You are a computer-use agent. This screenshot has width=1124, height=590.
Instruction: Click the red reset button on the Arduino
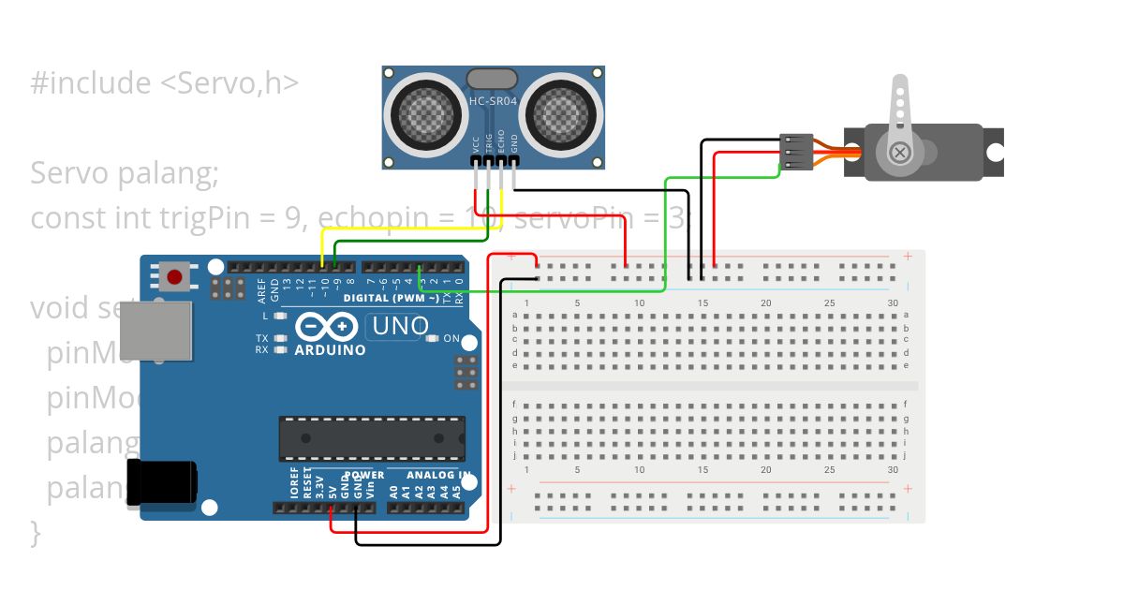tap(174, 277)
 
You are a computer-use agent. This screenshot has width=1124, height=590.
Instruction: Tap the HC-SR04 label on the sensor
tap(493, 101)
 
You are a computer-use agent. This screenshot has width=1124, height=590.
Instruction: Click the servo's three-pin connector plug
tap(794, 153)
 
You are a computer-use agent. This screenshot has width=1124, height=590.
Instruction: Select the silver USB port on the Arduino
tap(155, 331)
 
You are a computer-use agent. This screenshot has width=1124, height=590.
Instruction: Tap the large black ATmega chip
tap(371, 438)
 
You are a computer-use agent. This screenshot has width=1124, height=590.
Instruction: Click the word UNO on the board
tap(400, 327)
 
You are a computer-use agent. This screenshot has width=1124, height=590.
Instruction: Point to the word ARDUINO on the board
tap(330, 350)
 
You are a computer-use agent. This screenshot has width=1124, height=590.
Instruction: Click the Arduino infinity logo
tap(328, 327)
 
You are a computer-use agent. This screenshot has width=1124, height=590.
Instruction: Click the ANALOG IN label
tap(432, 476)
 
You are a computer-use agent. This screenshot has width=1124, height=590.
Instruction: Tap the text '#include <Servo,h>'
tap(164, 82)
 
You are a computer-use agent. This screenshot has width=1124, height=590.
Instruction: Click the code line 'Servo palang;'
tap(124, 173)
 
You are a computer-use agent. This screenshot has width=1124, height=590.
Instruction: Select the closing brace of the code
tap(36, 534)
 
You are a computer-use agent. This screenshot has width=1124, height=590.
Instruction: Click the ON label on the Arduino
tap(451, 339)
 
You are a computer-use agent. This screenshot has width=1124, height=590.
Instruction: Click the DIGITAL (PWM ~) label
tap(392, 299)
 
